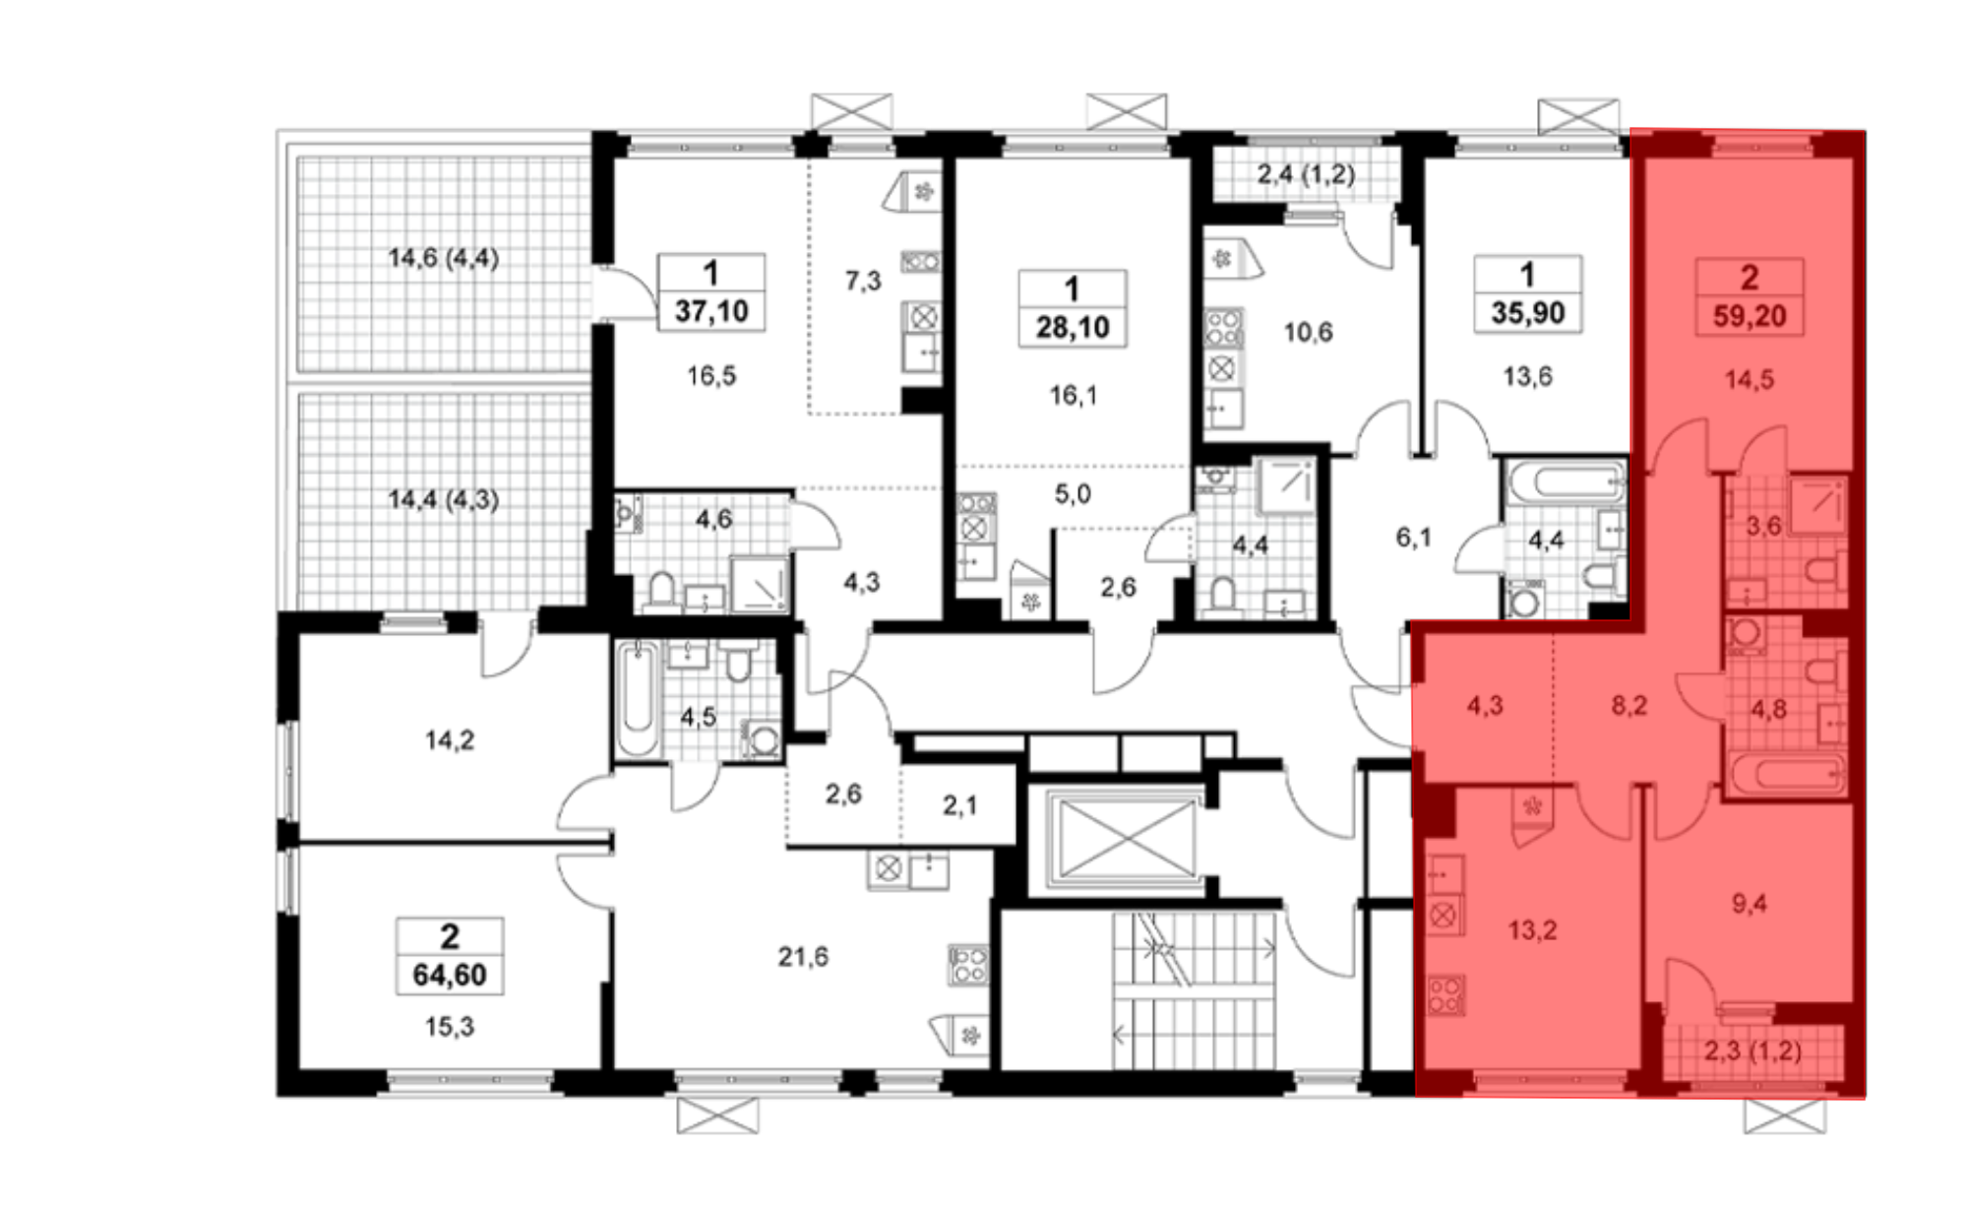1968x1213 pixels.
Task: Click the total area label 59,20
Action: tap(1750, 316)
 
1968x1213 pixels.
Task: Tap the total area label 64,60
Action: tap(450, 975)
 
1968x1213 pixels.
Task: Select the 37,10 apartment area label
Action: tap(711, 311)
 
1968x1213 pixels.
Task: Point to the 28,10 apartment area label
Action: tap(1073, 327)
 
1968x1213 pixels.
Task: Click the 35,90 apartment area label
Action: tap(1528, 313)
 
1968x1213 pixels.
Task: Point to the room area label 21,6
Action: tap(803, 956)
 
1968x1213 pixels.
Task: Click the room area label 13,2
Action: tap(1532, 929)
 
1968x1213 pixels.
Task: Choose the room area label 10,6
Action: tap(1309, 332)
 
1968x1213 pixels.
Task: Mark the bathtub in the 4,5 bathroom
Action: tap(638, 699)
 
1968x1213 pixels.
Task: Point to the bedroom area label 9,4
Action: tap(1750, 903)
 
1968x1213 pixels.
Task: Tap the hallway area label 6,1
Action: tap(1413, 537)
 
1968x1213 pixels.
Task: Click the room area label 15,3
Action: tap(450, 1027)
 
